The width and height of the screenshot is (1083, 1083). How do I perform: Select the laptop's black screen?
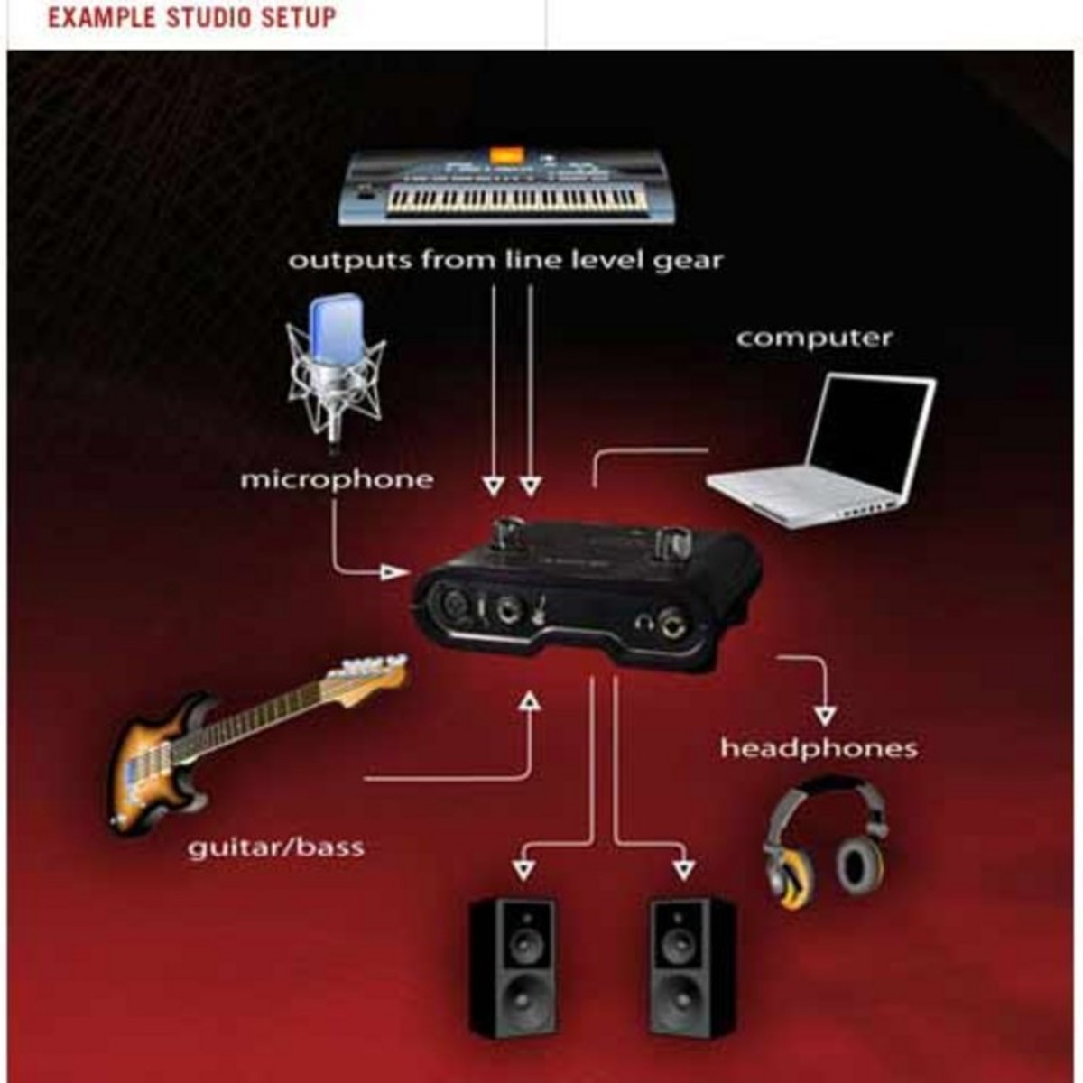(x=866, y=433)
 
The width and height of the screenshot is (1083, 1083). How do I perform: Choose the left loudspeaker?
(x=512, y=967)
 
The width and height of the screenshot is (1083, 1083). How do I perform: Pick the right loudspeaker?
(x=691, y=967)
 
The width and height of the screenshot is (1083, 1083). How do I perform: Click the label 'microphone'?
(x=336, y=478)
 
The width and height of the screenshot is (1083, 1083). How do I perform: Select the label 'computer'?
(x=814, y=338)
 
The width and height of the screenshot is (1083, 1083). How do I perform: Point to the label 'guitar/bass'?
(x=275, y=847)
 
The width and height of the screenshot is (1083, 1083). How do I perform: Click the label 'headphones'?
(x=819, y=748)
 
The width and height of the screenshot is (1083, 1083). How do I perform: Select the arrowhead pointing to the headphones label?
(x=824, y=717)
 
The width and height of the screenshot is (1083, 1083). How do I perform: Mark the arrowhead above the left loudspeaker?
(x=523, y=869)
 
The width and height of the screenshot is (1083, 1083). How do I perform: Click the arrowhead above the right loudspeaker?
(x=684, y=869)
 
